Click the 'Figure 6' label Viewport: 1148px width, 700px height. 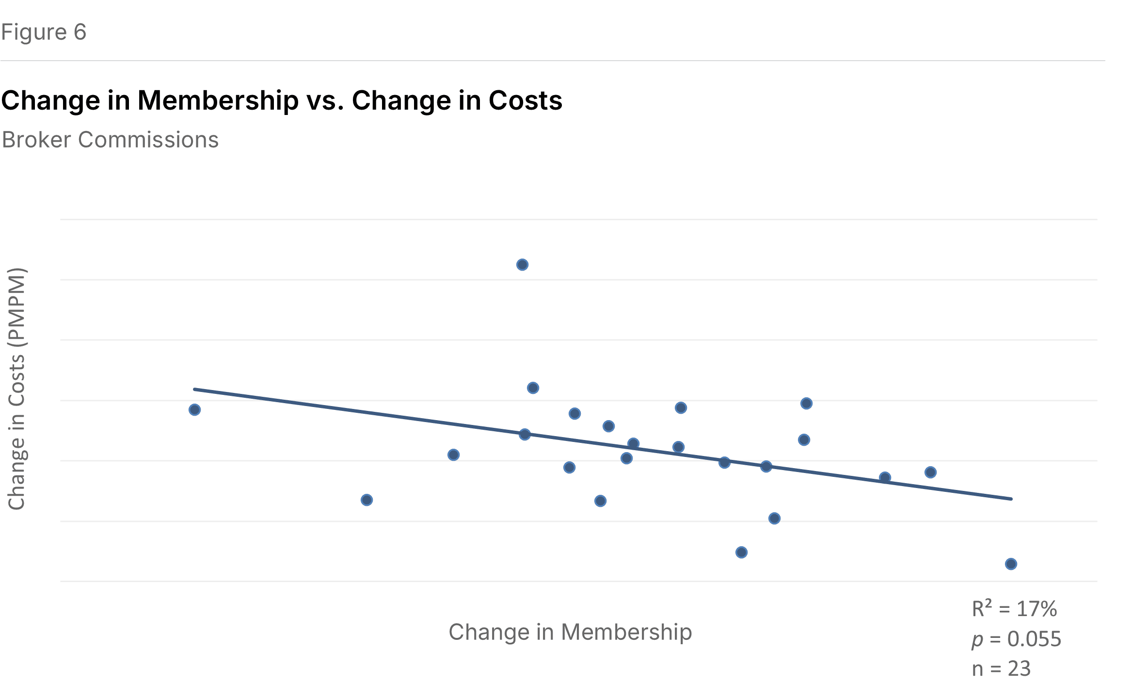click(44, 32)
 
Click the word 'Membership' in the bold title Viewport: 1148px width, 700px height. click(218, 100)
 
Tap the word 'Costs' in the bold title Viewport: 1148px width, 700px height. click(525, 100)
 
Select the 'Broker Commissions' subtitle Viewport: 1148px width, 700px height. click(110, 140)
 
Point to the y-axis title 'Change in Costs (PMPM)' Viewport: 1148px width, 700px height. click(17, 389)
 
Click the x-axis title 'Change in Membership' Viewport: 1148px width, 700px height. click(570, 632)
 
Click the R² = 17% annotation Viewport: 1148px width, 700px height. click(1014, 609)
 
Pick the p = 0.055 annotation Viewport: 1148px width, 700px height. click(1016, 639)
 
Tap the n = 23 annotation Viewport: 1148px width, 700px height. click(1001, 669)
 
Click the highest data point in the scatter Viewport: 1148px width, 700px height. click(522, 265)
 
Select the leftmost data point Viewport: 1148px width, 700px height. click(194, 410)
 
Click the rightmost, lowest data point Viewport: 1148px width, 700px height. click(1011, 564)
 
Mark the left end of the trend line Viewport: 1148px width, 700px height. click(195, 389)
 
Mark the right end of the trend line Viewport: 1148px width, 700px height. click(1011, 499)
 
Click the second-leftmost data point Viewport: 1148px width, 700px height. click(367, 500)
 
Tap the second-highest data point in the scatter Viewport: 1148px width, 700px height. click(533, 388)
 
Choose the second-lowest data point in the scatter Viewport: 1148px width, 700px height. click(741, 553)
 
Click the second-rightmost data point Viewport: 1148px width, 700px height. click(930, 472)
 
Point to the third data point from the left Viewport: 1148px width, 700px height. click(453, 455)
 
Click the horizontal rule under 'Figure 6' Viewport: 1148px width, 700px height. click(553, 61)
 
